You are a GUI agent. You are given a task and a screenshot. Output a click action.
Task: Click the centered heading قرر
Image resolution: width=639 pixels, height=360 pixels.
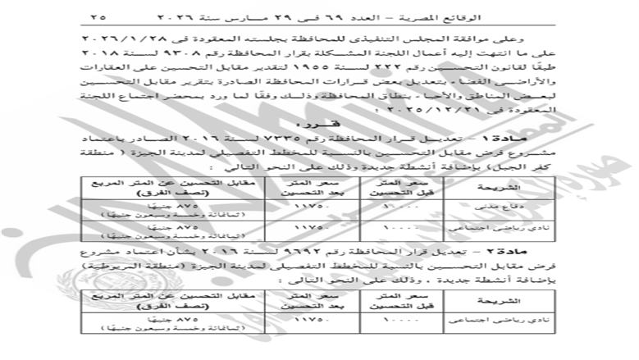[x=318, y=127]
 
